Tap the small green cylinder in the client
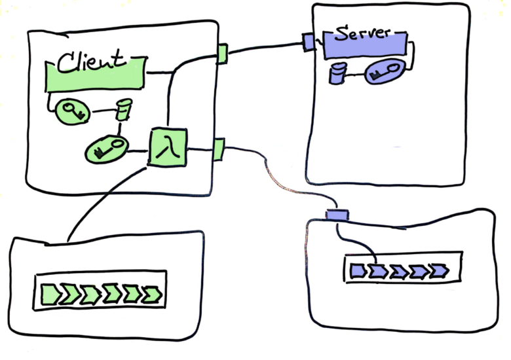coord(122,109)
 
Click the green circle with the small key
coord(70,112)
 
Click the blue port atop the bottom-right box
coord(337,215)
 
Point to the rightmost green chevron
coord(153,294)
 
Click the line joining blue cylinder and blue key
coord(354,74)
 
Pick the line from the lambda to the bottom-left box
coord(105,196)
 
